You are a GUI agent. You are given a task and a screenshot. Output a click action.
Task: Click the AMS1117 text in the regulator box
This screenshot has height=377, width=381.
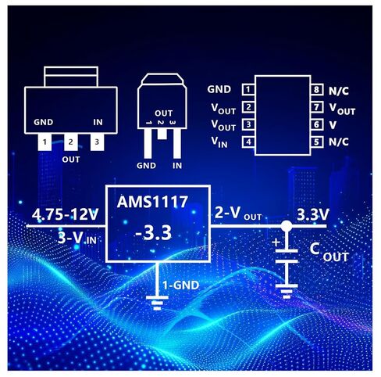tap(152, 202)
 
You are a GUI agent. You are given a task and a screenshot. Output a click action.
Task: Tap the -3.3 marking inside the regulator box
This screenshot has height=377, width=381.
tap(154, 233)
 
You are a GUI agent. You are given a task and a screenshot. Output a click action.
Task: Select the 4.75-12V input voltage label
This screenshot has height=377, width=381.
tap(65, 214)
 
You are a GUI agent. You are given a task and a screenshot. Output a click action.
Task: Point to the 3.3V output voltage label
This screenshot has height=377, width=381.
tap(313, 214)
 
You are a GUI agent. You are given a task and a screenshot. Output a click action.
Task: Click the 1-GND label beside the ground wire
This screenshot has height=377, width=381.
tap(181, 285)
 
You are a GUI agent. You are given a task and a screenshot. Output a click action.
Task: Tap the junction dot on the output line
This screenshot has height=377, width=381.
tap(287, 226)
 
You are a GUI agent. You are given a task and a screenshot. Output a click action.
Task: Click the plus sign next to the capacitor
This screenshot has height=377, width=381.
tap(276, 242)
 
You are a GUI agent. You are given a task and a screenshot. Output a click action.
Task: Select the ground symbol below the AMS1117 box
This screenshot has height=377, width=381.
tap(157, 303)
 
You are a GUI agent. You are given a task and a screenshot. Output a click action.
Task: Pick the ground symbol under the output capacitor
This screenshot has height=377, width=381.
tap(287, 292)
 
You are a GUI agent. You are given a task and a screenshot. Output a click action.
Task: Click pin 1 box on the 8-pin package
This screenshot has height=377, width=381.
tap(248, 90)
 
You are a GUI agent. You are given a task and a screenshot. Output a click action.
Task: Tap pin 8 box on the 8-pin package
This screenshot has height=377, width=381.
tap(317, 90)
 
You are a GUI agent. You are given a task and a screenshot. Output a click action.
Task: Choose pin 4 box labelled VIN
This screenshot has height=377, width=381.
tap(248, 142)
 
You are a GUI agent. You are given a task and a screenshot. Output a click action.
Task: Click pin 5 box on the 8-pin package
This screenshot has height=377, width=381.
tap(317, 142)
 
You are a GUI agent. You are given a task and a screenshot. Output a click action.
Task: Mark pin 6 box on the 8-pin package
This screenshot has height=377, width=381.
tap(317, 124)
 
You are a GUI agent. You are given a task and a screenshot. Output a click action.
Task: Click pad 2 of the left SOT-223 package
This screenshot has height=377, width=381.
tap(71, 142)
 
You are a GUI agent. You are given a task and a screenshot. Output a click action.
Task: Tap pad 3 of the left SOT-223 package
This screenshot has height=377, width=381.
tap(97, 142)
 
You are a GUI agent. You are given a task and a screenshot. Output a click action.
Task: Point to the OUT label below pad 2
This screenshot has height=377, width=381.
tap(71, 160)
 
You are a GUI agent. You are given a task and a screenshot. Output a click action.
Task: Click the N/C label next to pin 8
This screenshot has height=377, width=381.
tap(339, 91)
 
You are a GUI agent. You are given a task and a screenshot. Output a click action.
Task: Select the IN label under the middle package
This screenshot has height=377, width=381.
tap(177, 166)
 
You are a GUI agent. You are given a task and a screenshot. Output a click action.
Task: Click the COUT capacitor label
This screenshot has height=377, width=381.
tap(329, 252)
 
